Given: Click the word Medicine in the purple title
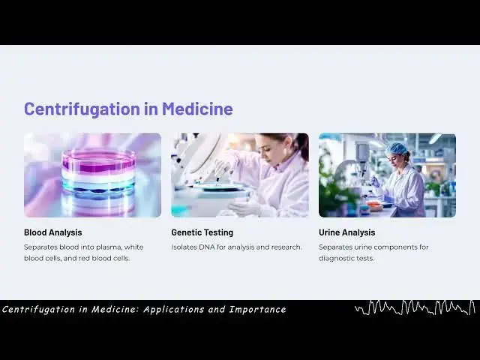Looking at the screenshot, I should pyautogui.click(x=197, y=109).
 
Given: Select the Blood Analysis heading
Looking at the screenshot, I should pyautogui.click(x=53, y=232).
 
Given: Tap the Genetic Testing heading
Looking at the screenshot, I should pyautogui.click(x=202, y=232).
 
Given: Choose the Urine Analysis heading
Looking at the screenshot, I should pyautogui.click(x=347, y=232).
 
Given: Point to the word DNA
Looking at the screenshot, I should pyautogui.click(x=207, y=247).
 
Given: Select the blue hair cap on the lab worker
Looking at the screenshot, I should pyautogui.click(x=396, y=149).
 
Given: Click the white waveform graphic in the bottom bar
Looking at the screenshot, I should pyautogui.click(x=415, y=307).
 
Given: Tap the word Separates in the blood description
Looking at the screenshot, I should pyautogui.click(x=41, y=247).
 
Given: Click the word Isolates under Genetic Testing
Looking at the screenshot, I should pyautogui.click(x=185, y=247).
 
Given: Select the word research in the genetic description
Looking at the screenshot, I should pyautogui.click(x=285, y=247).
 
